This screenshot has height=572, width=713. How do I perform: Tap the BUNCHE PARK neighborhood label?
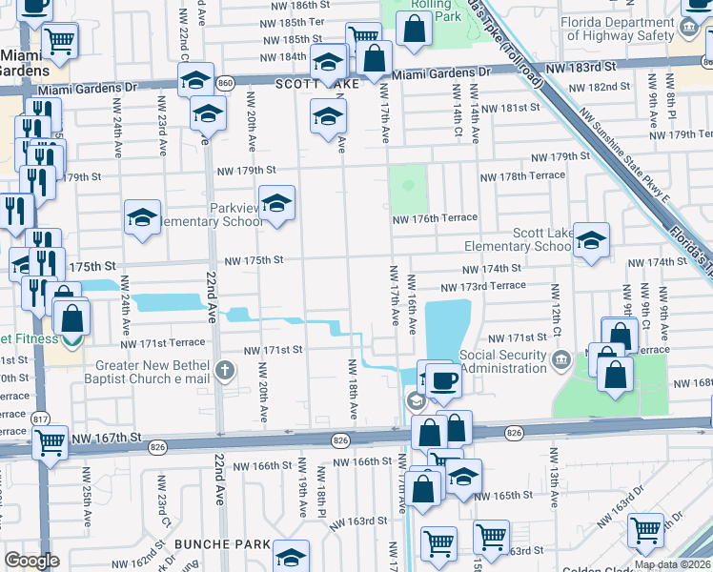pyautogui.click(x=221, y=543)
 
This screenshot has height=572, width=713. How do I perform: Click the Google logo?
pyautogui.click(x=31, y=561)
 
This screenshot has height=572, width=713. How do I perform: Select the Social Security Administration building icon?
pyautogui.click(x=560, y=357)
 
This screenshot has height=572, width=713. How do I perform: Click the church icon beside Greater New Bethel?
pyautogui.click(x=224, y=371)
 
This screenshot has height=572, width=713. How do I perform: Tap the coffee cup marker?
pyautogui.click(x=443, y=380)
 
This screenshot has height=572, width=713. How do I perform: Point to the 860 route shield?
pyautogui.click(x=225, y=83)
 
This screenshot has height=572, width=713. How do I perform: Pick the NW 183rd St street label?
pyautogui.click(x=581, y=69)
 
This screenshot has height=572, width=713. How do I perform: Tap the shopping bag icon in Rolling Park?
pyautogui.click(x=414, y=28)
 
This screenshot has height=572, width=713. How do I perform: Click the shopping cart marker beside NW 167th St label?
pyautogui.click(x=50, y=442)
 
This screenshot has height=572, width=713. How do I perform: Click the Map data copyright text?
pyautogui.click(x=672, y=564)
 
